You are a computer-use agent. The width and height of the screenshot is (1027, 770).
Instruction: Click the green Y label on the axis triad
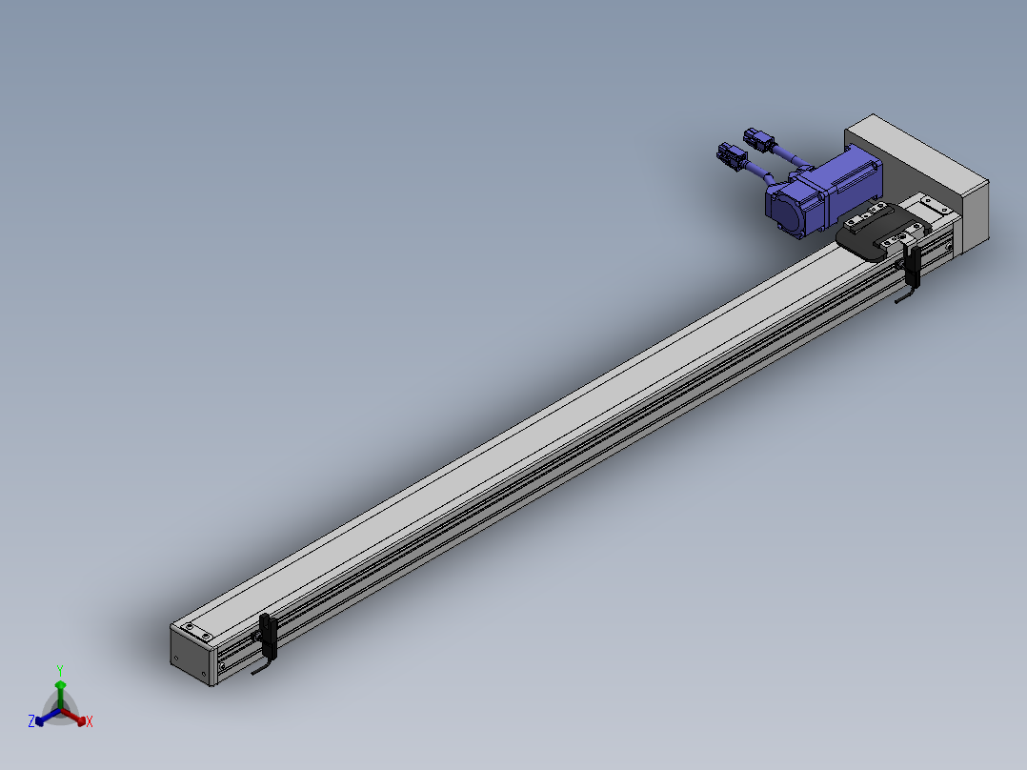point(60,670)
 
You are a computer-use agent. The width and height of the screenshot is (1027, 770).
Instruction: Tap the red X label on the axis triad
point(90,721)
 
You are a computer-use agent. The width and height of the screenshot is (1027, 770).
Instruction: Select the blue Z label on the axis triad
point(30,720)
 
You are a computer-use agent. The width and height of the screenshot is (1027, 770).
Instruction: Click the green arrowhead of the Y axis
point(60,685)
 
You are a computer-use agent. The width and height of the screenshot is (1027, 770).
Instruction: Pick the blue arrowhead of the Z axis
point(40,720)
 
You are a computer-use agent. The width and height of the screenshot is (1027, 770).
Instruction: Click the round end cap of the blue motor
point(784,210)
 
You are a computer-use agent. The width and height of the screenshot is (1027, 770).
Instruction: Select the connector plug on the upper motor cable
point(758,139)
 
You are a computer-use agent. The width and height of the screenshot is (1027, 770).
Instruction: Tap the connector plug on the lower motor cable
point(732,156)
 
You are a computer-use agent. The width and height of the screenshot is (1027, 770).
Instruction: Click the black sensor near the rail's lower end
point(268,635)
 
